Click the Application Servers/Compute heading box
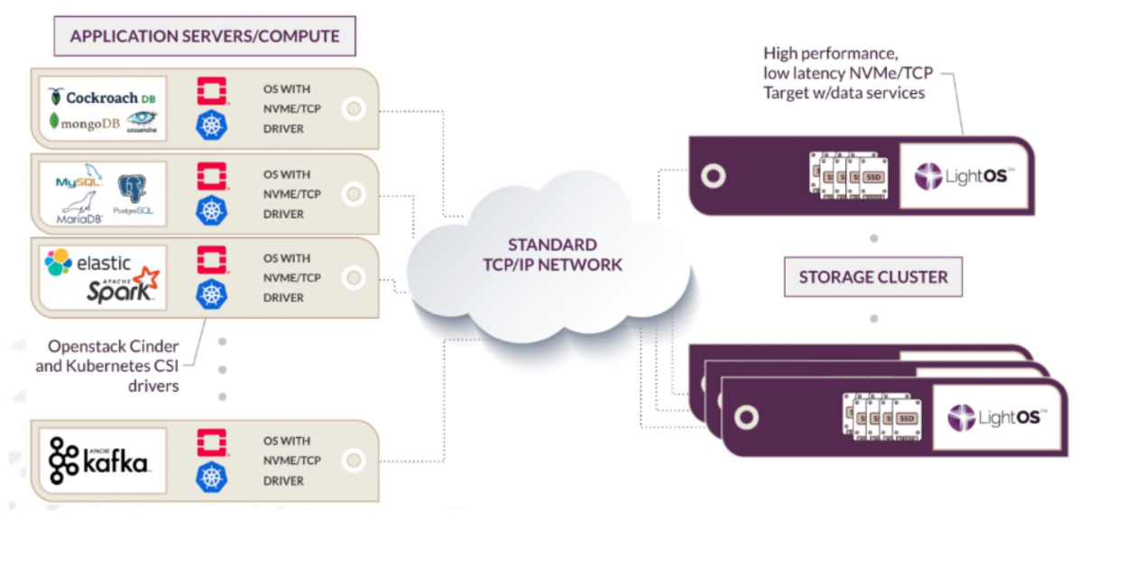pos(205,37)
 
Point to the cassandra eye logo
pos(142,121)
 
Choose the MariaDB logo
pos(79,209)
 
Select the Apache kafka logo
pos(99,460)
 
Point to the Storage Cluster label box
pos(873,277)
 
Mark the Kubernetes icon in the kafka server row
pos(211,477)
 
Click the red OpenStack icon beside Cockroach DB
pos(211,91)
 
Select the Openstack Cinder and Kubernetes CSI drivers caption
pos(107,366)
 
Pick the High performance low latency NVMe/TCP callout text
pos(844,73)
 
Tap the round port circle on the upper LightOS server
pos(714,175)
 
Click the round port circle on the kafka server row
pos(354,461)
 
